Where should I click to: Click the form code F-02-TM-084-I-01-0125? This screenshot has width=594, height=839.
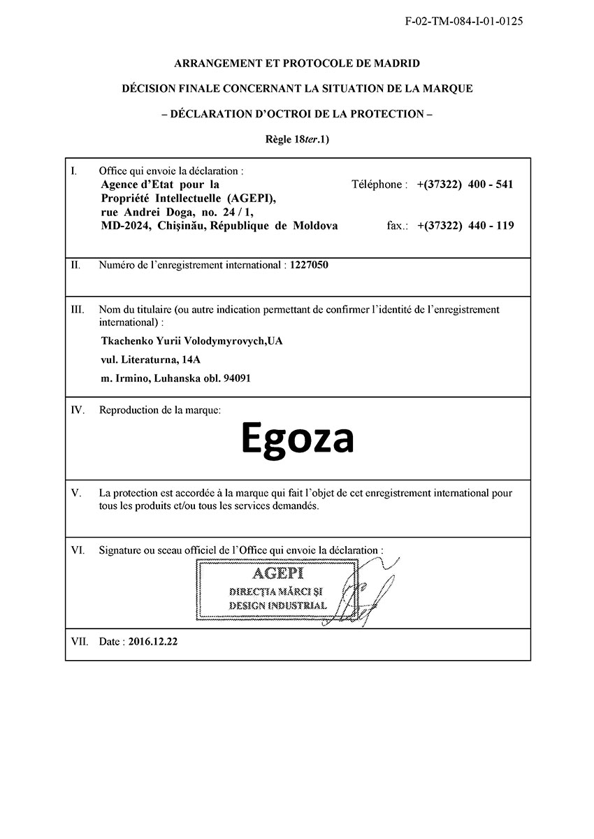pyautogui.click(x=464, y=21)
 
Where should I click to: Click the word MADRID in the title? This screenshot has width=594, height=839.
pyautogui.click(x=395, y=64)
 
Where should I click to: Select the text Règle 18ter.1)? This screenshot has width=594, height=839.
pyautogui.click(x=297, y=139)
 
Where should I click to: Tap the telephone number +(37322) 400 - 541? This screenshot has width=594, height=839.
pyautogui.click(x=465, y=185)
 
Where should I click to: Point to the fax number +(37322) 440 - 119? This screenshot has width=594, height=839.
pyautogui.click(x=465, y=226)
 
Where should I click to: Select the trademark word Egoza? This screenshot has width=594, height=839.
pyautogui.click(x=298, y=439)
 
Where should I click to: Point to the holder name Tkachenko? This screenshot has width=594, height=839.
pyautogui.click(x=129, y=341)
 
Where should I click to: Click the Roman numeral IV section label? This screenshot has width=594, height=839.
pyautogui.click(x=78, y=410)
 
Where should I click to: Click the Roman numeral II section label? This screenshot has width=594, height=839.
pyautogui.click(x=76, y=266)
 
